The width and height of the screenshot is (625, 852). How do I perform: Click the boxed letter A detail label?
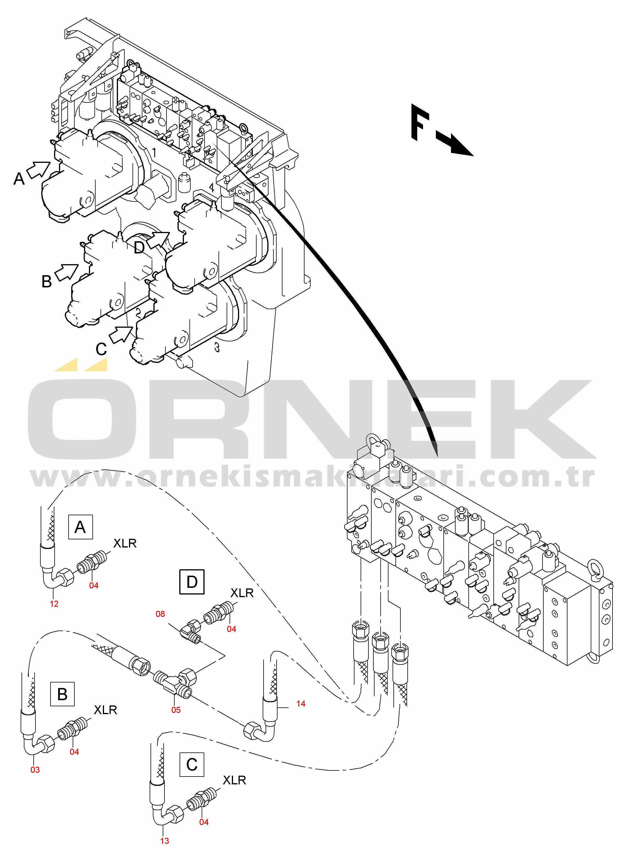coord(80,527)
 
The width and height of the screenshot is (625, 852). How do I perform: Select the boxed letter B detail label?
coord(62,694)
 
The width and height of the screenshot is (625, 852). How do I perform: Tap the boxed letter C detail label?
coord(192,764)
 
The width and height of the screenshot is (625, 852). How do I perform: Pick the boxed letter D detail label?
coord(192,582)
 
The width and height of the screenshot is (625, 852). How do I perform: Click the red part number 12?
coord(54,604)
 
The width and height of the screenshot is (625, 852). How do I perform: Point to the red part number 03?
coord(35,770)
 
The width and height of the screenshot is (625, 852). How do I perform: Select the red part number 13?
coord(164,841)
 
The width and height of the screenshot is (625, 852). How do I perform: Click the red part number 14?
coord(301,703)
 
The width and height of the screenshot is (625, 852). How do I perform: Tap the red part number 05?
coord(176,710)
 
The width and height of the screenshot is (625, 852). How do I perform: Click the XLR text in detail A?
coord(125,543)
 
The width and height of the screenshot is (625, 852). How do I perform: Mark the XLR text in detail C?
coord(234,780)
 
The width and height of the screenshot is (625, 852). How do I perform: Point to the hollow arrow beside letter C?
coord(121,334)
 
